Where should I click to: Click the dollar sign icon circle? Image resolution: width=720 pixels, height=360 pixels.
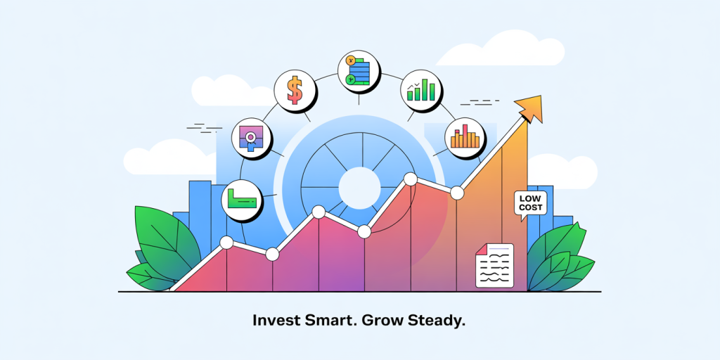coord(295,91)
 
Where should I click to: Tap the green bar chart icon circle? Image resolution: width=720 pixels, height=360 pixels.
coord(421,90)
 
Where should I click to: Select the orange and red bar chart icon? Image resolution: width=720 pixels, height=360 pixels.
coord(465,137)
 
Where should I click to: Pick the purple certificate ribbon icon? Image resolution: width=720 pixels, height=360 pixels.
coord(251,138)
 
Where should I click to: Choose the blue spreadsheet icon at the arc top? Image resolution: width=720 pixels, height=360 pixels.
coord(359,71)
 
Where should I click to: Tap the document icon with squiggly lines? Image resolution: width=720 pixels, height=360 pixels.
coord(494,265)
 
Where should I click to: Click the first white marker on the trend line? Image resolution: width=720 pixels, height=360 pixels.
coord(226,243)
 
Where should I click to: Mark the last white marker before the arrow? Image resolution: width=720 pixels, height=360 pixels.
coord(457,193)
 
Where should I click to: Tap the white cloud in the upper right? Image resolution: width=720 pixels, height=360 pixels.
coord(500,49)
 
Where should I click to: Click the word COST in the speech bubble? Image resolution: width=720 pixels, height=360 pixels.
coord(532,208)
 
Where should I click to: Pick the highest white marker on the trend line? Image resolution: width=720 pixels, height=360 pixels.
coord(410,179)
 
